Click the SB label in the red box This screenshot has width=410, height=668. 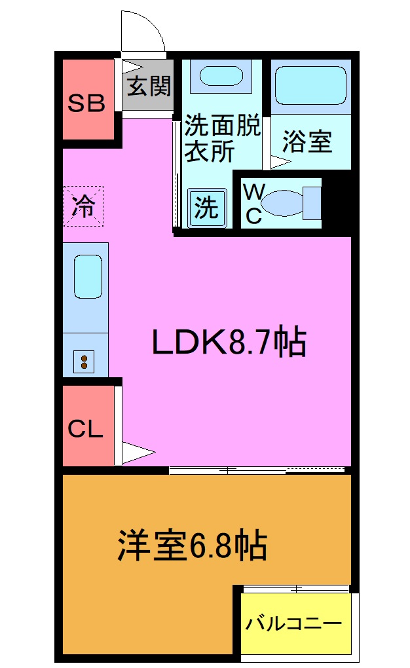click(x=88, y=103)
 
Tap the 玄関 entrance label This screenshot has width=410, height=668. click(x=149, y=86)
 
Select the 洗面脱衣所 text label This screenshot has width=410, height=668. click(x=221, y=138)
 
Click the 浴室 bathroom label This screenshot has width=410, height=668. click(x=307, y=141)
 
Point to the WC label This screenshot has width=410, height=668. click(x=253, y=204)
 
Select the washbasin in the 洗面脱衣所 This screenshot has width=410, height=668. click(x=221, y=76)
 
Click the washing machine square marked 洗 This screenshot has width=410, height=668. click(x=207, y=208)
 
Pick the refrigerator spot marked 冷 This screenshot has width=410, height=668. click(x=84, y=206)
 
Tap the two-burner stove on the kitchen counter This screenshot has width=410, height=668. click(x=84, y=361)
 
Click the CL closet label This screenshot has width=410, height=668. click(x=86, y=430)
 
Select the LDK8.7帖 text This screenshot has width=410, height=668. click(x=229, y=342)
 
